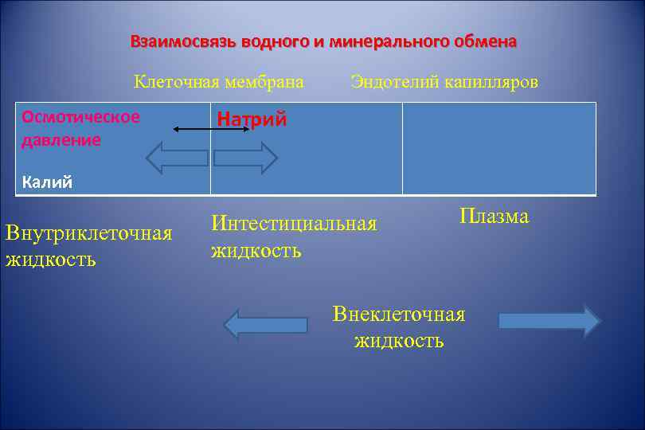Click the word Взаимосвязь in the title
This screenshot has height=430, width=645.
point(170,41)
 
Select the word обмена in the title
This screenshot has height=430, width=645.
point(481,41)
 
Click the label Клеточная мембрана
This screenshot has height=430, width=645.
point(219,81)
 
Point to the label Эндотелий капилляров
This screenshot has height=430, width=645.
point(444,81)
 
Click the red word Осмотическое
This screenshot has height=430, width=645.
point(81,117)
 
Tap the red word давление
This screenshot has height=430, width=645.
point(61,140)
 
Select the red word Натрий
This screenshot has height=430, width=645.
point(252,120)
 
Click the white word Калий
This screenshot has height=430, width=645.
point(47,182)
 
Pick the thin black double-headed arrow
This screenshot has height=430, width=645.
point(212,129)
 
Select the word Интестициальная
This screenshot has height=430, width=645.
point(293,224)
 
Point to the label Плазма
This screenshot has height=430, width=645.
point(494,216)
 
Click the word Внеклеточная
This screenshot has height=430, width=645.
point(398,314)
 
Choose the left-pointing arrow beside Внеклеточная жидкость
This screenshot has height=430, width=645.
point(265,324)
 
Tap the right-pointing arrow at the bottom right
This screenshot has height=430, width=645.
point(549,321)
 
